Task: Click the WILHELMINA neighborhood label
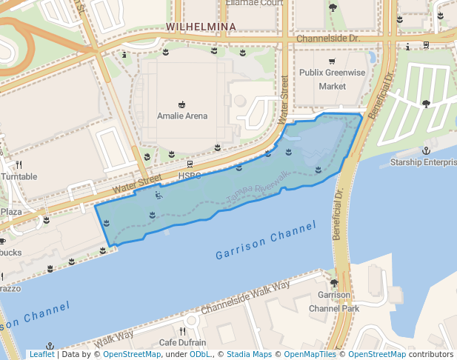[x=201, y=27]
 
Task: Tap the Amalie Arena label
[x=182, y=116]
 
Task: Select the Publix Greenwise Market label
[x=333, y=79]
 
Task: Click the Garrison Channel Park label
[x=333, y=302]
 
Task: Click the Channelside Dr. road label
[x=327, y=38]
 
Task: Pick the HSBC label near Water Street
[x=190, y=176]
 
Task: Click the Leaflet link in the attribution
[x=41, y=355]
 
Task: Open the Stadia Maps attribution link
[x=248, y=355]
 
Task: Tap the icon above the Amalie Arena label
[x=182, y=104]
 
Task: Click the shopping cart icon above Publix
[x=333, y=61]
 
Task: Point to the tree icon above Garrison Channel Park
[x=333, y=283]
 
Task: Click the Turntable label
[x=19, y=177]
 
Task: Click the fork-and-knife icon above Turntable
[x=19, y=164]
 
